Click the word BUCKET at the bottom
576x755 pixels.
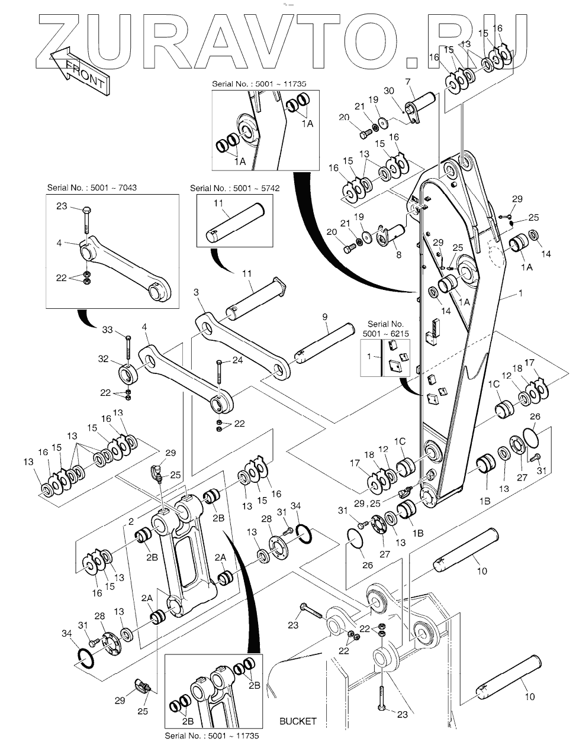[x=298, y=721]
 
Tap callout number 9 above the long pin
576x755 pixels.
[x=325, y=318]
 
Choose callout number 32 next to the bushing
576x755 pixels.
[x=104, y=359]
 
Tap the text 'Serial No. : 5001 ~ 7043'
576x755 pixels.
[x=92, y=188]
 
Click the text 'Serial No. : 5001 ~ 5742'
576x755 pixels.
[x=234, y=188]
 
